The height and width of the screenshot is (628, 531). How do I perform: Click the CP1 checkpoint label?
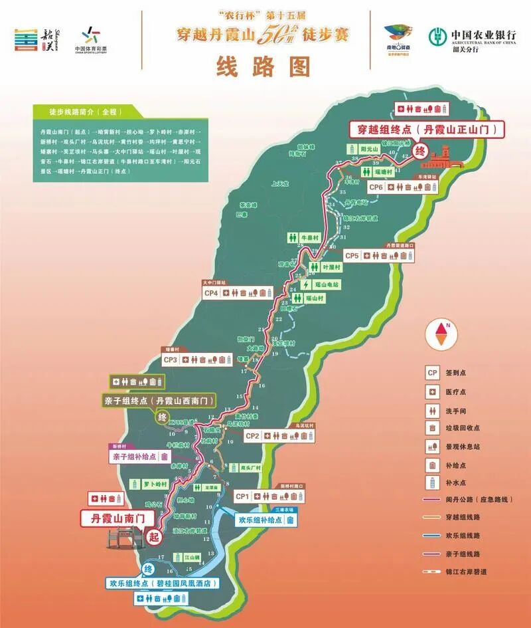pyautogui.click(x=242, y=496)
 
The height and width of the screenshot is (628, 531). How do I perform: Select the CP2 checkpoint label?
pyautogui.click(x=252, y=436)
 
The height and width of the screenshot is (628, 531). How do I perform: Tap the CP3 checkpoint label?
pyautogui.click(x=170, y=360)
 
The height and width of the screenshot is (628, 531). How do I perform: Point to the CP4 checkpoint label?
pyautogui.click(x=212, y=292)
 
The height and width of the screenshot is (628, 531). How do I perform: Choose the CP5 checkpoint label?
pyautogui.click(x=352, y=255)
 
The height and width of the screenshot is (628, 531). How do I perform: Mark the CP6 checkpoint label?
pyautogui.click(x=376, y=187)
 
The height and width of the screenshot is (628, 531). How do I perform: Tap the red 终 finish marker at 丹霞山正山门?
pyautogui.click(x=419, y=151)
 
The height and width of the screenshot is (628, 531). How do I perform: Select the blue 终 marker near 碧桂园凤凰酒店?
pyautogui.click(x=149, y=569)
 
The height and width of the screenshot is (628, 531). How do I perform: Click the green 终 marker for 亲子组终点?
pyautogui.click(x=161, y=417)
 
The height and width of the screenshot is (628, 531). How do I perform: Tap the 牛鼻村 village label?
pyautogui.click(x=311, y=237)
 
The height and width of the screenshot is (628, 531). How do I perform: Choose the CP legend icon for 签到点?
pyautogui.click(x=432, y=373)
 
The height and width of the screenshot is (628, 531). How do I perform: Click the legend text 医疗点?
pyautogui.click(x=465, y=391)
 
